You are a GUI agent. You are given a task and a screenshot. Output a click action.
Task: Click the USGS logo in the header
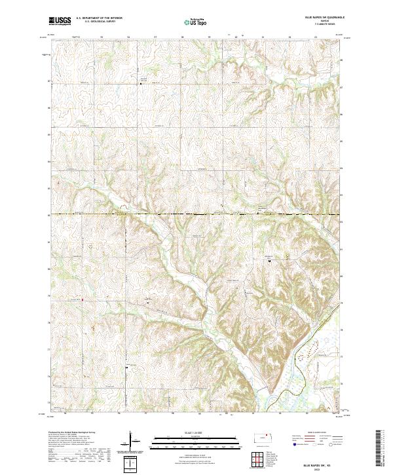pos(60,22)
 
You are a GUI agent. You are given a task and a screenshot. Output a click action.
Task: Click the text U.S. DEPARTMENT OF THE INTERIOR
pos(99,18)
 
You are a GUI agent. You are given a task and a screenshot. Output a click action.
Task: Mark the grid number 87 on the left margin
pos(48,82)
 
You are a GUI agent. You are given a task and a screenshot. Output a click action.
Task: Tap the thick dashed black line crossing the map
pos(196,214)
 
